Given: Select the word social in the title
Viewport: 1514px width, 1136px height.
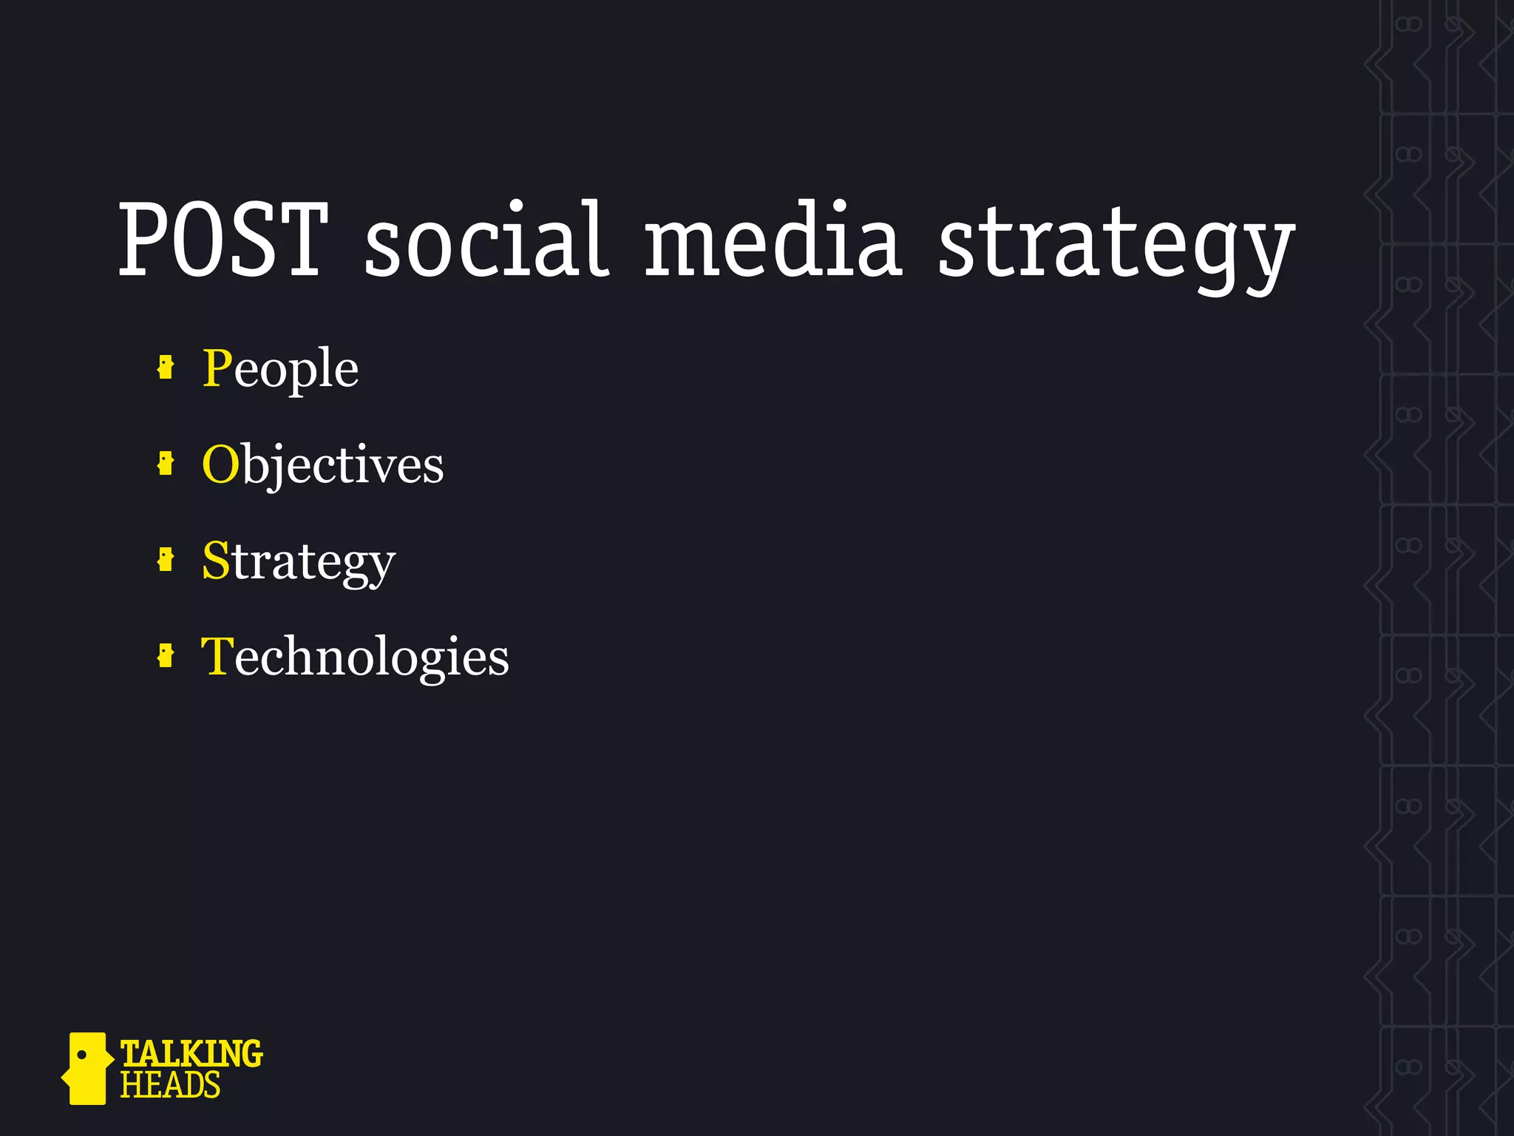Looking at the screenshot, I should click(x=487, y=240).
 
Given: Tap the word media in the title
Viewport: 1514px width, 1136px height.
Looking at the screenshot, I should click(x=773, y=240).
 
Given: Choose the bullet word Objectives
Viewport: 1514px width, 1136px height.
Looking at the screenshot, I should click(x=323, y=465).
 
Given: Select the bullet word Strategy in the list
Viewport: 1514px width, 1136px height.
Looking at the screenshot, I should click(x=299, y=561).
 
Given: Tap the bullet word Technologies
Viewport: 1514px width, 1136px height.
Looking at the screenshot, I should click(x=355, y=657).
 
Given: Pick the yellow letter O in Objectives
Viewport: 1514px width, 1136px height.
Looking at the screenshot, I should click(x=220, y=464).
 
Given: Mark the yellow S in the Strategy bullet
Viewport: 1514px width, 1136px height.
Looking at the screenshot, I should click(x=216, y=560).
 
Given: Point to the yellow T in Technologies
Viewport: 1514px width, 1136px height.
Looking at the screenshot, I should click(x=217, y=655).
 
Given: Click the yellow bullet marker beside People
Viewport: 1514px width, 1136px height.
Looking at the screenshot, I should click(x=166, y=367).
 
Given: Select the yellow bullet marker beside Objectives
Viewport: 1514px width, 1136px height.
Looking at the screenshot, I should click(x=166, y=464).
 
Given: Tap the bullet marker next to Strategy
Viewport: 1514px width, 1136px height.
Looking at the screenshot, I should click(x=166, y=560).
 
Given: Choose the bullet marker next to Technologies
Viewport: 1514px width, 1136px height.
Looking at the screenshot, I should click(x=166, y=655).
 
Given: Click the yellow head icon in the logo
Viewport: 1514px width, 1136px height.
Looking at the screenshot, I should click(x=86, y=1069).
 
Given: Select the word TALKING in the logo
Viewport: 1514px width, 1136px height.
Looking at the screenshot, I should click(x=191, y=1053).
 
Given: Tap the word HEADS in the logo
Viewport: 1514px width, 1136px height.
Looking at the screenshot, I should click(x=170, y=1086).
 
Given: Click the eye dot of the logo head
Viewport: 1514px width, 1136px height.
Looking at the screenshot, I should click(x=82, y=1054).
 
